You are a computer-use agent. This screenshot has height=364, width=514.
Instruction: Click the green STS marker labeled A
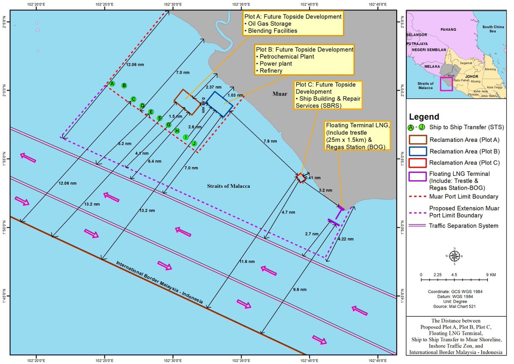click(112, 84)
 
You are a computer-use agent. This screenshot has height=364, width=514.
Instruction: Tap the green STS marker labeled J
click(194, 143)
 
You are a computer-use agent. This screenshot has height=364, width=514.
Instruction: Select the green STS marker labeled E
click(151, 112)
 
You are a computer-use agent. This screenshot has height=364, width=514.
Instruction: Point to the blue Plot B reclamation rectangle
click(220, 104)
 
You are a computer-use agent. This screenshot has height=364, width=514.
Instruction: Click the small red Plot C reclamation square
click(301, 177)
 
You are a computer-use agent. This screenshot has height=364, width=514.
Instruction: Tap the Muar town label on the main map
click(279, 93)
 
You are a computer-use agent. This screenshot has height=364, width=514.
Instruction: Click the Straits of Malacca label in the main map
click(225, 186)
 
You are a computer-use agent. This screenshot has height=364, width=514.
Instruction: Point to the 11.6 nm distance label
click(247, 261)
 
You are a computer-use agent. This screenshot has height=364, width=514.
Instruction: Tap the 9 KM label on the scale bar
click(491, 274)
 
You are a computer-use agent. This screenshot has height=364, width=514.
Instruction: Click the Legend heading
click(424, 117)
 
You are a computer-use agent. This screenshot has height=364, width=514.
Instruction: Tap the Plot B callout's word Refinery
click(269, 70)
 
